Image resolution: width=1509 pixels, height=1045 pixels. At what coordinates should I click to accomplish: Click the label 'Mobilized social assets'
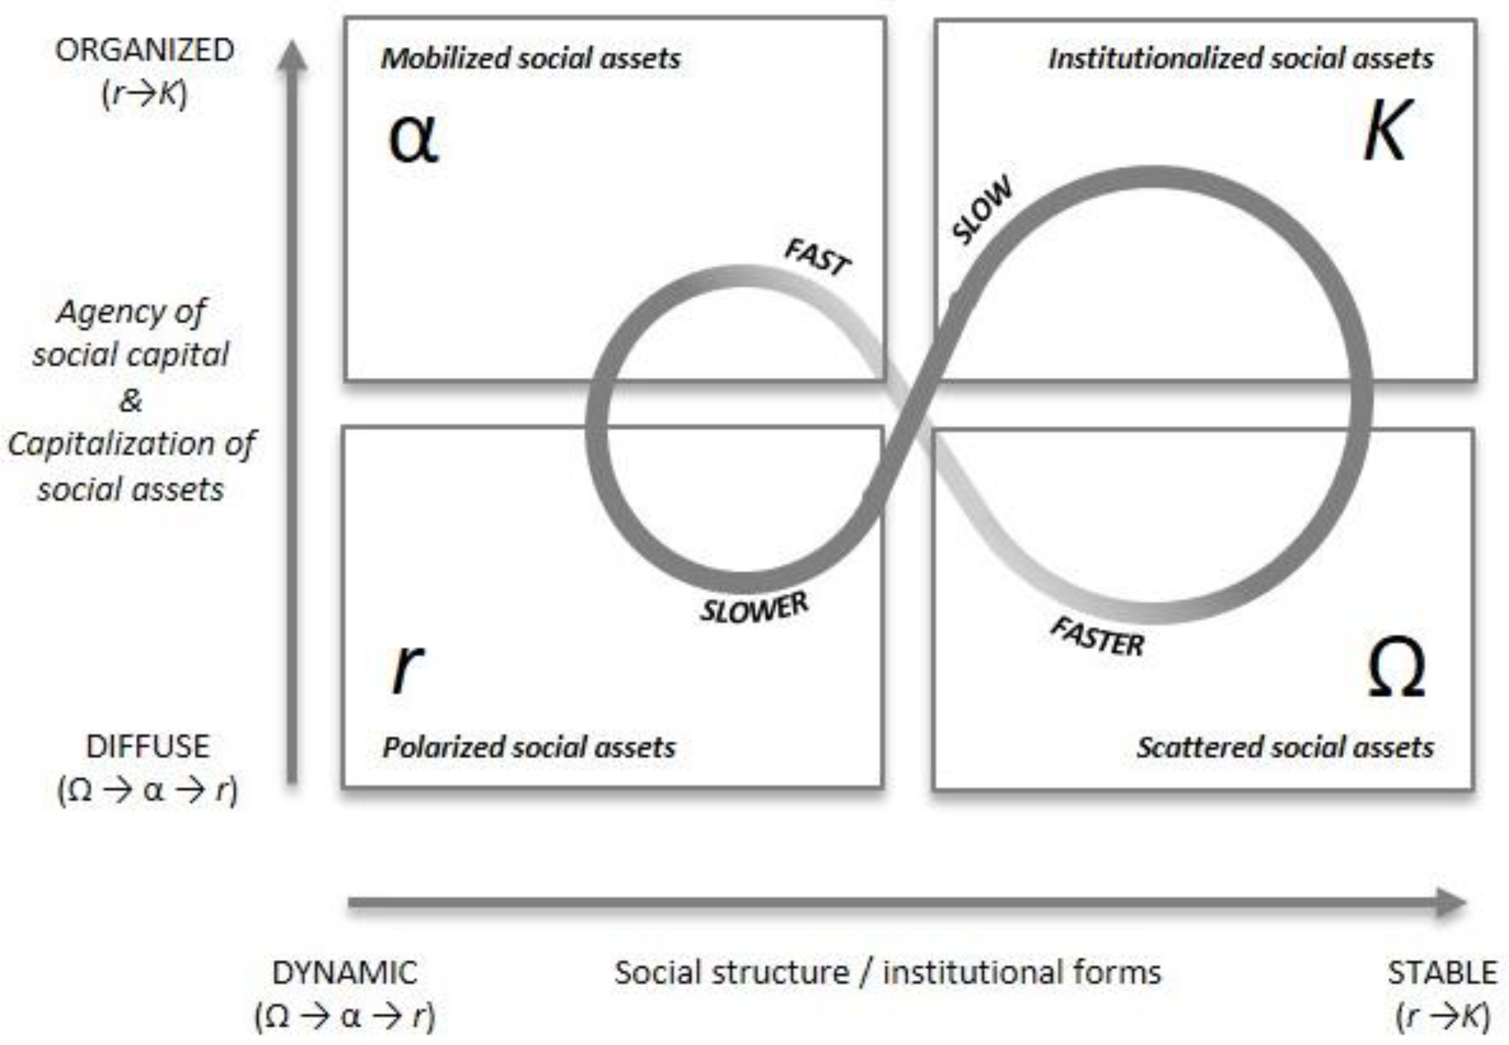tap(531, 59)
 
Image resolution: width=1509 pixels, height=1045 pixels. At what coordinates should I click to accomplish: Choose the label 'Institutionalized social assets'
tap(1241, 59)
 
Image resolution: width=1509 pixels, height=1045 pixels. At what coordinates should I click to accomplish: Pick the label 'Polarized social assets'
tap(529, 748)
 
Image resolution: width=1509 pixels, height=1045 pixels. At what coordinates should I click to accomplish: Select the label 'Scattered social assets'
tap(1285, 748)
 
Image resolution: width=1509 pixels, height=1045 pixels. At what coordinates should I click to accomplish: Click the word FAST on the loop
tap(818, 257)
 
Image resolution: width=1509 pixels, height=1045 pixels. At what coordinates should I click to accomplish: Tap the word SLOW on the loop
tap(982, 210)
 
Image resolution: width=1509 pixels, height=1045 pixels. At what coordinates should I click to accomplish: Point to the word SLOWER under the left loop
tap(754, 608)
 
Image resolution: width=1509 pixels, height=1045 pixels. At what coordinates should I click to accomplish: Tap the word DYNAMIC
tap(345, 973)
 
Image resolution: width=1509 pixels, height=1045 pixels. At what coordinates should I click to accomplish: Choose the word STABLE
tap(1442, 973)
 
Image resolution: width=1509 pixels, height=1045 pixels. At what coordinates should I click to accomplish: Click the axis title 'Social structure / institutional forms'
tap(888, 973)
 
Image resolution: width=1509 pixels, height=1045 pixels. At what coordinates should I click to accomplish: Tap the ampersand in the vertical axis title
tap(130, 400)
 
